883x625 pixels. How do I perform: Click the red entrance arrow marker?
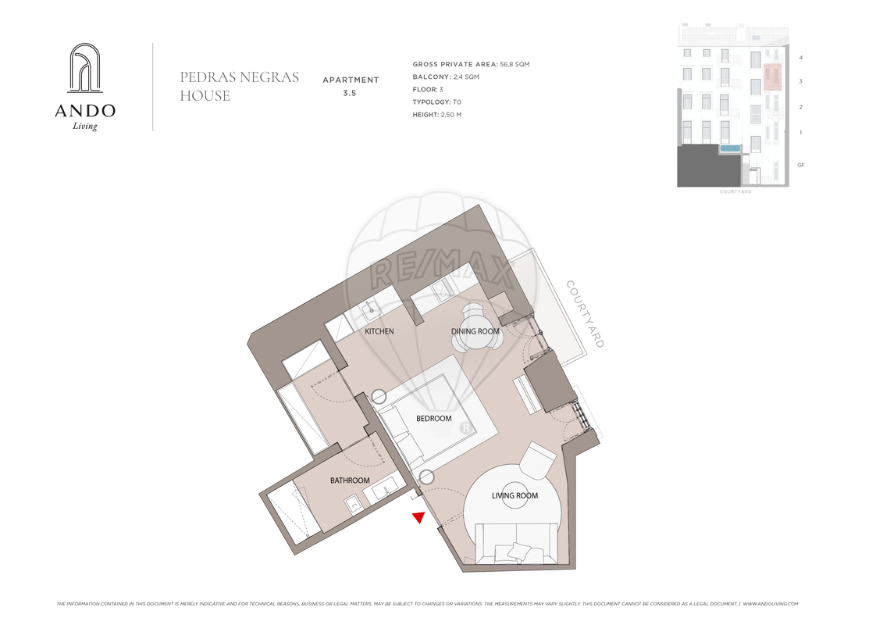coord(418,517)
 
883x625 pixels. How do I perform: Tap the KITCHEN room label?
coord(379,331)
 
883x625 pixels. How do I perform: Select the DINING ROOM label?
coord(475,331)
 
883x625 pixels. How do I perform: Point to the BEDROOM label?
coord(433,419)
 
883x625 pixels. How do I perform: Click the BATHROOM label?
coord(350,480)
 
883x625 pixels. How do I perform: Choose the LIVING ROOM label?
coord(514,496)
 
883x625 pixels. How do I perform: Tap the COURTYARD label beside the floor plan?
coord(585,314)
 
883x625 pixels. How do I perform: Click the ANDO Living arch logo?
coord(85,68)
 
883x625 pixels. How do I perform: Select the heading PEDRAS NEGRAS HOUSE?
coord(240,86)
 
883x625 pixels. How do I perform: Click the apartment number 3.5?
coord(350,94)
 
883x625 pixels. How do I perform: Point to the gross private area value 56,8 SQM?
coord(514,64)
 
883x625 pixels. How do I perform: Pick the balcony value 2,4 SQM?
coord(466,77)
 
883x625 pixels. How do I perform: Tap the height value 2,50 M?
coord(451,114)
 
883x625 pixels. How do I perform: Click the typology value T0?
coord(457,102)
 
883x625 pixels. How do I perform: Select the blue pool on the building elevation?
coord(730,148)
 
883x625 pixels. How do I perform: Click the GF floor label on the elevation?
coord(801,165)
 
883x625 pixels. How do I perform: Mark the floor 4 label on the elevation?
coord(801,58)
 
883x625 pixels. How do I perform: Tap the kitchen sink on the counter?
coord(372,309)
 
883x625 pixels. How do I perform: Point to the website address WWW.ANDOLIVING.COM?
coord(771,604)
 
